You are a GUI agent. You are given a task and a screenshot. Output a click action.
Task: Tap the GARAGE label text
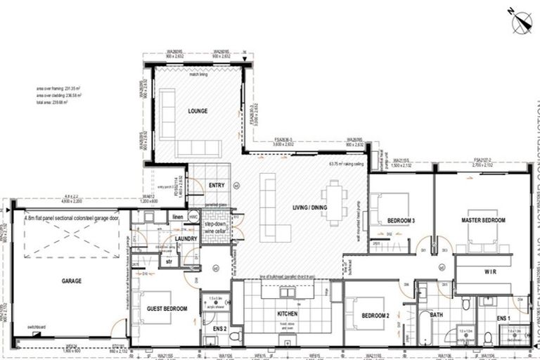click(x=71, y=281)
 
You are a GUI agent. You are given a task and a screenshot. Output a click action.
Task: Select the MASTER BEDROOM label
click(x=483, y=221)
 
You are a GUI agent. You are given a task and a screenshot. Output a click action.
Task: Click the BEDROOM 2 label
click(x=376, y=316)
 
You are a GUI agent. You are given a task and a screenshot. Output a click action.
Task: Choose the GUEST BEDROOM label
click(x=167, y=309)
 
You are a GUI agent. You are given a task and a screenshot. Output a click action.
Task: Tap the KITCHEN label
click(x=288, y=314)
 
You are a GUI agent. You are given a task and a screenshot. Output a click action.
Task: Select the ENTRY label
click(x=217, y=185)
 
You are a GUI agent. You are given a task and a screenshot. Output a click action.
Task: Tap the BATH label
click(x=436, y=315)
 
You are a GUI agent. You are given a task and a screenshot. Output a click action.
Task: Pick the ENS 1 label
click(x=503, y=319)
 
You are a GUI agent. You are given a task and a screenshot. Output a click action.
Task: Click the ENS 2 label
click(x=219, y=328)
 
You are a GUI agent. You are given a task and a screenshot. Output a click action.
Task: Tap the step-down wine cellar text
click(x=214, y=226)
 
